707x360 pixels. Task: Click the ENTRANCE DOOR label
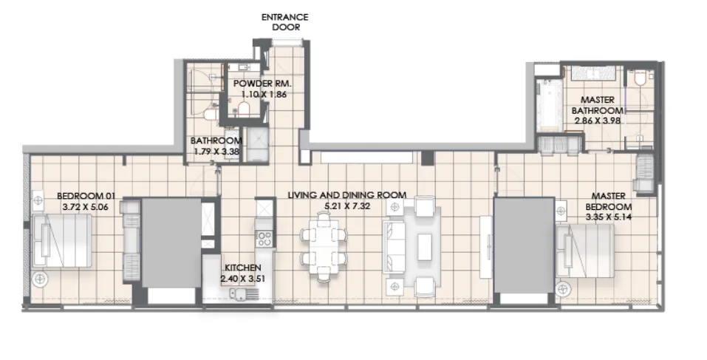[284, 21]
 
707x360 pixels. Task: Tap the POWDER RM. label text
[259, 84]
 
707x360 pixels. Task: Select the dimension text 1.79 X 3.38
[216, 151]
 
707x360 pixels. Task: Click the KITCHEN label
[241, 268]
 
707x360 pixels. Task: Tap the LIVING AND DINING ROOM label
[346, 195]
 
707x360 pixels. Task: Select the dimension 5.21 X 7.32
[346, 206]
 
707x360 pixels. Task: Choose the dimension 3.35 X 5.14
[609, 217]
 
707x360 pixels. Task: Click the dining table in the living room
[323, 247]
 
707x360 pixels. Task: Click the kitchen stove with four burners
[264, 239]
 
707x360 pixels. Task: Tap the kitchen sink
[241, 294]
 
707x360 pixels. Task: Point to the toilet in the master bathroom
[639, 78]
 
